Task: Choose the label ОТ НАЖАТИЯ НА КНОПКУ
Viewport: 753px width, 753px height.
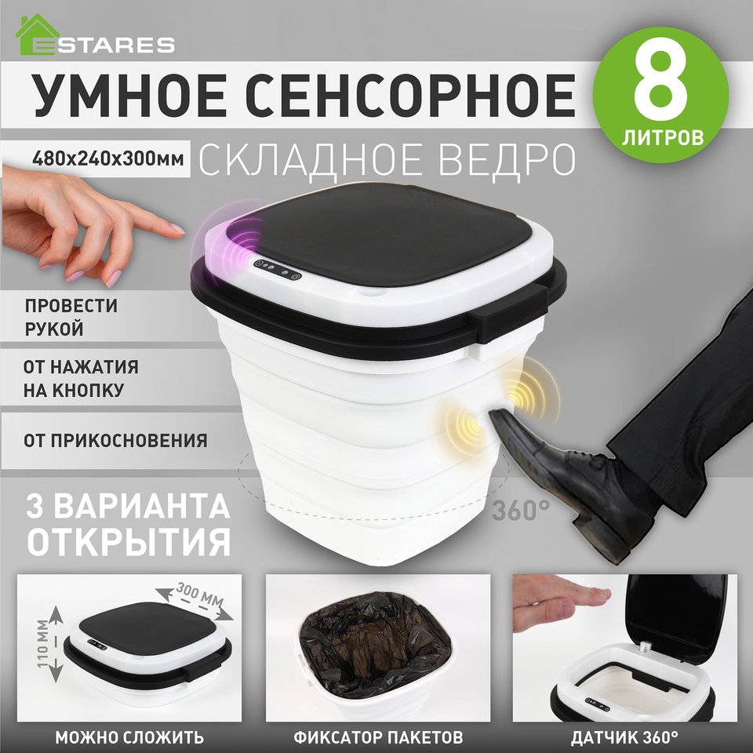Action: (81, 378)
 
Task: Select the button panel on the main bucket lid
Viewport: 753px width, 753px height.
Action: (278, 271)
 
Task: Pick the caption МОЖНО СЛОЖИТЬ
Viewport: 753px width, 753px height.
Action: (129, 737)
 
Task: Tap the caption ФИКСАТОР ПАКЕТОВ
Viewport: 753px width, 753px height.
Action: (378, 737)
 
